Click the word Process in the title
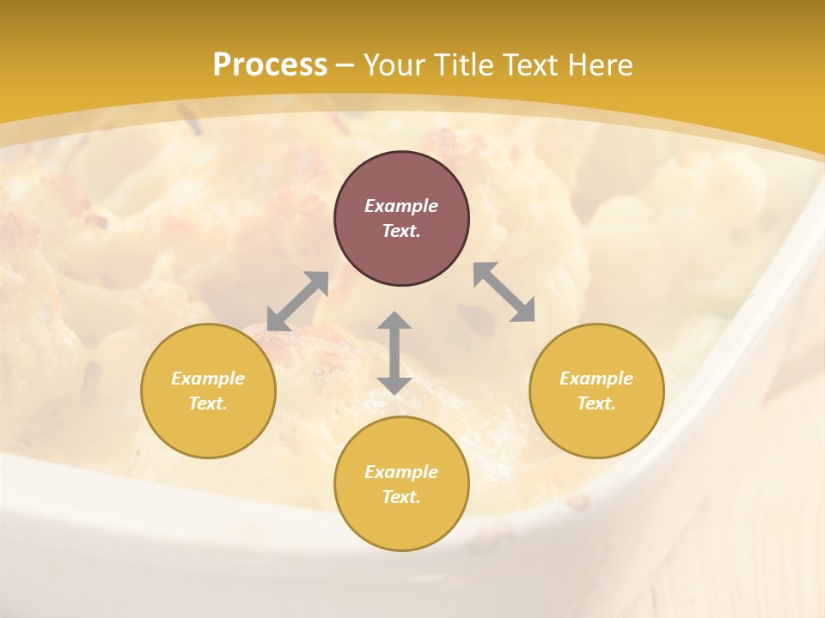coord(270,65)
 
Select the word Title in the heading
coord(465,65)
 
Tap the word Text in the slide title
coord(531,65)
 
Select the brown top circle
coord(401,218)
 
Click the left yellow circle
coord(208,391)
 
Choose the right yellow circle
coord(596,391)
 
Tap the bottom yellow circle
coord(401,484)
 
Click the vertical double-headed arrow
coord(394,353)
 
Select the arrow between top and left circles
coord(297,301)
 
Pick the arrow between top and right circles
coord(504,292)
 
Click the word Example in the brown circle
coord(401,206)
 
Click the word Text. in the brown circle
coord(401,231)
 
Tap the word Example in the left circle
coord(208,379)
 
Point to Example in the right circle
coord(596,379)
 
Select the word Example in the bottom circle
coord(401,472)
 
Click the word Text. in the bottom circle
coord(401,497)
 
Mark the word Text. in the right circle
coord(596,403)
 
